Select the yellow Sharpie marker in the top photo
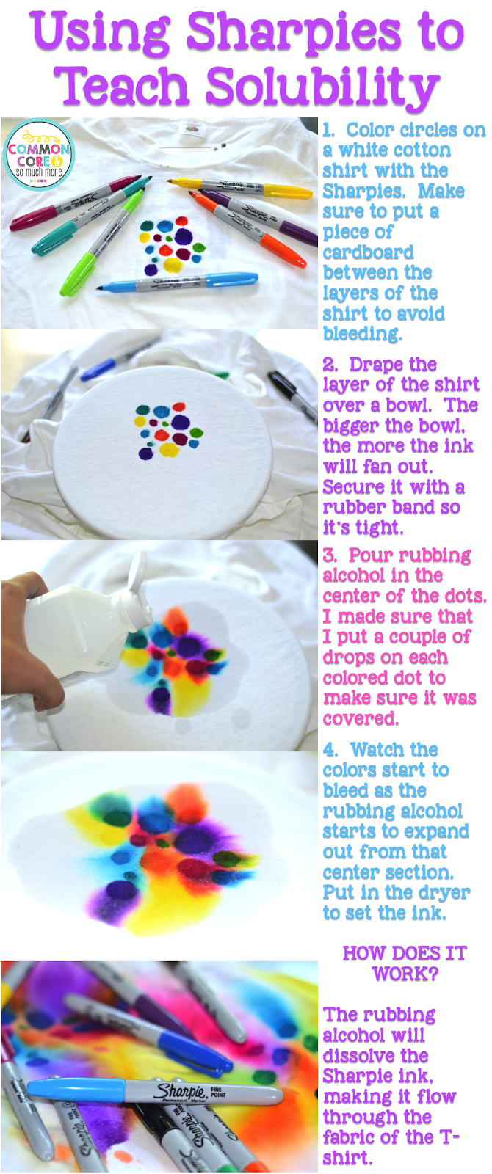240,187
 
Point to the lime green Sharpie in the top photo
101,241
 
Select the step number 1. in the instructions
330,129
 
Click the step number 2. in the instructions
330,364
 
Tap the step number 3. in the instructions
330,555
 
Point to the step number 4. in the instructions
331,750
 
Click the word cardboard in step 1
368,252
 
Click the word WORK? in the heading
405,974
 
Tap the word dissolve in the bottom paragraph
375,1056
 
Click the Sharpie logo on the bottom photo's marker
179,1092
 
